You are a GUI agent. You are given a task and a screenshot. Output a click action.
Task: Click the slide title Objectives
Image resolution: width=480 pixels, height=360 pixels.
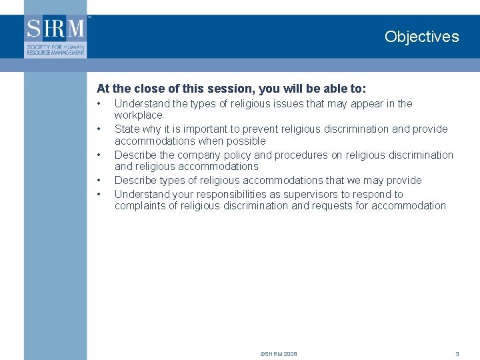[x=421, y=37]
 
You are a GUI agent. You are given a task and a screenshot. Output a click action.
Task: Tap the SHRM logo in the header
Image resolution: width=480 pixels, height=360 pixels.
[x=56, y=36]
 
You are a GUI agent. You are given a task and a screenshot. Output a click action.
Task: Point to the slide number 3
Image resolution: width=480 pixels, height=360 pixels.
[x=457, y=354]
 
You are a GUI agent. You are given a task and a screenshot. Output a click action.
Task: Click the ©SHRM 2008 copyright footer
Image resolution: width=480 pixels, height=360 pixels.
[x=279, y=354]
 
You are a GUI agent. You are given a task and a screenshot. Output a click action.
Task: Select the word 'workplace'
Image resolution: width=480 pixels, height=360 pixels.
[x=138, y=115]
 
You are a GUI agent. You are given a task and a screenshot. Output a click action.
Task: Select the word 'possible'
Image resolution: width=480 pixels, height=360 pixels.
[x=247, y=141]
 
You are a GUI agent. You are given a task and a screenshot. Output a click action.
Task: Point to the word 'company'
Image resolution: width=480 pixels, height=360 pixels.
[x=194, y=155]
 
